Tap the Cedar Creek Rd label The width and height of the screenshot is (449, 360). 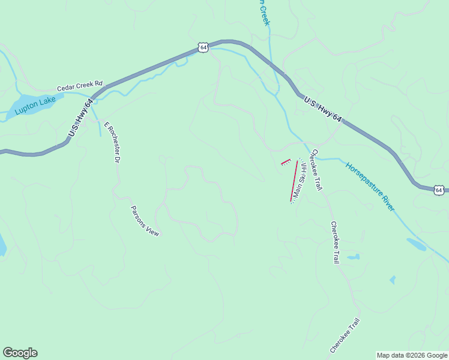tap(80, 87)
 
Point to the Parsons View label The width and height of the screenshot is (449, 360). tap(145, 221)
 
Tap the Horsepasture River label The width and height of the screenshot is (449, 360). tap(370, 185)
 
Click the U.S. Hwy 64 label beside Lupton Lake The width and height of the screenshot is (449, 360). tap(80, 117)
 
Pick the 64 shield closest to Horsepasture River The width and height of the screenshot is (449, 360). tap(439, 190)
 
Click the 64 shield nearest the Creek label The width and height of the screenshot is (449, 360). tap(203, 47)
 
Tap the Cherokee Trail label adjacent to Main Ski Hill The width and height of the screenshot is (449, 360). tap(316, 170)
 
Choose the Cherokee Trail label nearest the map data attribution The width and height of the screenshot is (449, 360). tap(345, 335)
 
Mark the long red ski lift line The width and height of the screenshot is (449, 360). tap(294, 181)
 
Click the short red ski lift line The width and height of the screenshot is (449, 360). tap(286, 161)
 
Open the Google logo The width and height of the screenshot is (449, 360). tap(20, 353)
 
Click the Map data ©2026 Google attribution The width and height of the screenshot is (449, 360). tap(412, 355)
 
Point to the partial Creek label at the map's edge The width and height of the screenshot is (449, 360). tap(264, 12)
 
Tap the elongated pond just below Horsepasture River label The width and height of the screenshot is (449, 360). tap(417, 244)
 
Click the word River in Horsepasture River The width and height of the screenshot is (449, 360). tap(385, 200)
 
